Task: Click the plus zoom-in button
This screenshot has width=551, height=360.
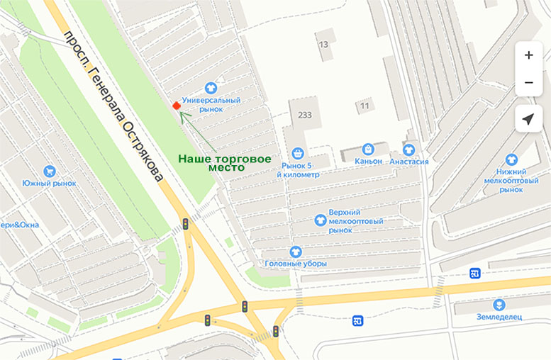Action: [528, 55]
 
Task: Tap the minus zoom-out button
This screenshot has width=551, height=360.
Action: [528, 83]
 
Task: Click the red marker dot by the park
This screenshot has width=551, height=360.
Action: [176, 106]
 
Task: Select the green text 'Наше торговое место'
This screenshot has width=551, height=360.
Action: [223, 163]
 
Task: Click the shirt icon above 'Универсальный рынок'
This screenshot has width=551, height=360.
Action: [211, 88]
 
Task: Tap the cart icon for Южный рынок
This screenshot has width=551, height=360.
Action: [49, 171]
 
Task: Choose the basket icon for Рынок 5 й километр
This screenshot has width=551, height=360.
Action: [298, 152]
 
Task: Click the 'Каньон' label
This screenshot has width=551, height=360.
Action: [367, 161]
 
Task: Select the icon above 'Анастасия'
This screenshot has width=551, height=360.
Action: [408, 150]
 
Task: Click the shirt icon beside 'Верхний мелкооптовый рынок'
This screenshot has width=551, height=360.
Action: [321, 220]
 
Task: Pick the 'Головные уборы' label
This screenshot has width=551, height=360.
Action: [296, 263]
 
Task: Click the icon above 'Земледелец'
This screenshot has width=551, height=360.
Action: [499, 304]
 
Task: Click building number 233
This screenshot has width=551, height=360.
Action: [305, 115]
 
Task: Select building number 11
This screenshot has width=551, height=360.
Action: [364, 106]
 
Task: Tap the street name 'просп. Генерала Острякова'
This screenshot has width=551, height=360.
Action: [113, 106]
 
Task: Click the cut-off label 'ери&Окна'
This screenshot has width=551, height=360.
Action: [19, 225]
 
